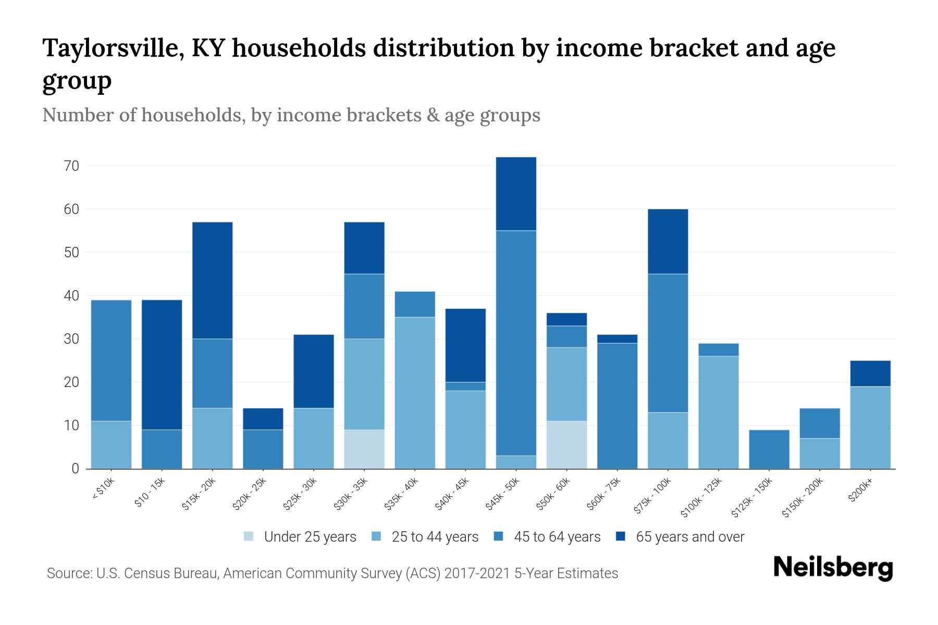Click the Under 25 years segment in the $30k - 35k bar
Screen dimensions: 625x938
364,449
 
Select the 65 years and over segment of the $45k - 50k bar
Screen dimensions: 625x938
516,194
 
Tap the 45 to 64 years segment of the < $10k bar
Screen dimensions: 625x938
111,360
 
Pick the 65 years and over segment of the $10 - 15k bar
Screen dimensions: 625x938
162,365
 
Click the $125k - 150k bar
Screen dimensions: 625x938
769,449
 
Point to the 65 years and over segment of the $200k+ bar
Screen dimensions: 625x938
870,373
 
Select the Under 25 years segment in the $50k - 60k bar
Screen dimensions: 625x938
566,445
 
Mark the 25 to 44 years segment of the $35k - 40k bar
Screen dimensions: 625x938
415,393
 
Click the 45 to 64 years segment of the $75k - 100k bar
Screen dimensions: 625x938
668,343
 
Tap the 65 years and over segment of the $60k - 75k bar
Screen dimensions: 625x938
617,339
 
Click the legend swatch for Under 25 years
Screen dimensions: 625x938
249,536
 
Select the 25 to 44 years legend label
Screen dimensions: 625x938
435,536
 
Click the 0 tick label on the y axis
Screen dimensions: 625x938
75,469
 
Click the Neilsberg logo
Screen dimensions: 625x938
833,568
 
